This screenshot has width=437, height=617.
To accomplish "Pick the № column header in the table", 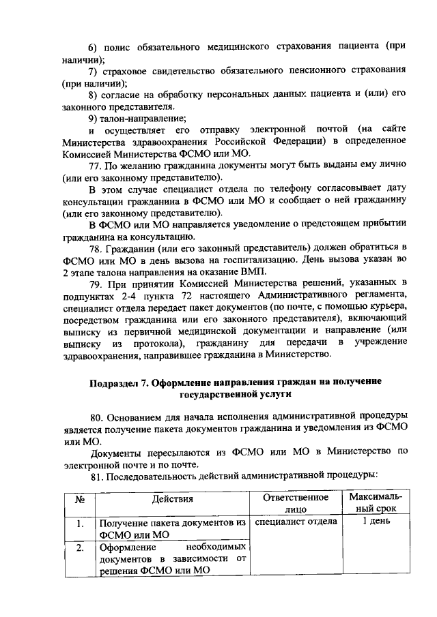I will [80, 499].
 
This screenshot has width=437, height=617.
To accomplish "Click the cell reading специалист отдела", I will [295, 522].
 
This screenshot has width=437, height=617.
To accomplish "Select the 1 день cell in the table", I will [375, 522].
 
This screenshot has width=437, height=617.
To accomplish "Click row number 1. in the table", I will [80, 524].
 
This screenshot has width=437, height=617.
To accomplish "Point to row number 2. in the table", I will [80, 547].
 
